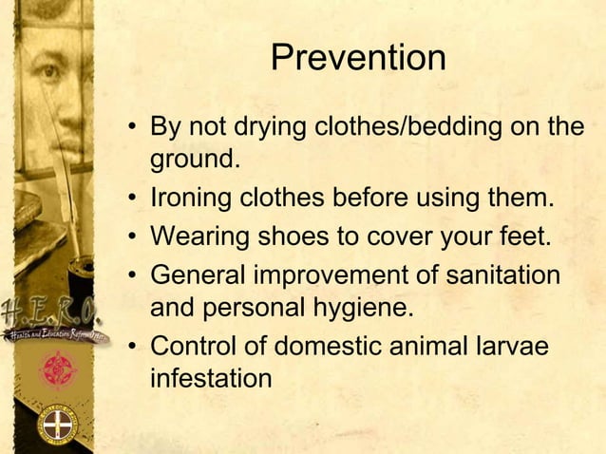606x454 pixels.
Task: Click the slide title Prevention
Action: pyautogui.click(x=358, y=58)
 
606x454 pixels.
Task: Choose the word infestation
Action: pyautogui.click(x=211, y=378)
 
